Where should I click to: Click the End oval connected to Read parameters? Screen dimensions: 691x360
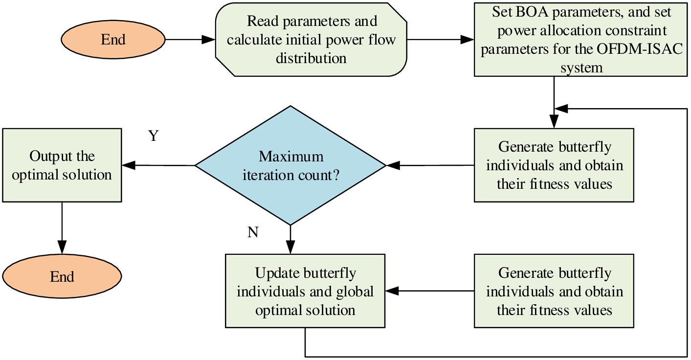[113, 40]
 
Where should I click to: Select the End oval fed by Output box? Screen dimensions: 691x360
[62, 276]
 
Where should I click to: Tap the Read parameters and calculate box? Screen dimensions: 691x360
[311, 40]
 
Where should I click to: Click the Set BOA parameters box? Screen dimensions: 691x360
[581, 40]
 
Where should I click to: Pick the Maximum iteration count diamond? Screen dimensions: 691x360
[290, 165]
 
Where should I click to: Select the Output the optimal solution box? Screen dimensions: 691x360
[62, 165]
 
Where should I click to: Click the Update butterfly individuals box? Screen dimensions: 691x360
[305, 291]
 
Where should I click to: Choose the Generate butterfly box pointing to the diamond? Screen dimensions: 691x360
[554, 165]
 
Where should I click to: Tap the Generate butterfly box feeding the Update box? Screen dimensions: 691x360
[554, 291]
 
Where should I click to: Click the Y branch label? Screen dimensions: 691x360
[154, 135]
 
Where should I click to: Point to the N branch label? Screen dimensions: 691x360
[253, 232]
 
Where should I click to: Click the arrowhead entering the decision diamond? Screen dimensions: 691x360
[393, 165]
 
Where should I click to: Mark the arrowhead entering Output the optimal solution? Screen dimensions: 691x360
[129, 165]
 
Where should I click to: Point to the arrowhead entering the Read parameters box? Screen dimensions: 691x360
[208, 40]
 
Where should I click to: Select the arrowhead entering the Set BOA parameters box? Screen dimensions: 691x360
[468, 40]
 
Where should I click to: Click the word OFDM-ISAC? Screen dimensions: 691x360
[640, 49]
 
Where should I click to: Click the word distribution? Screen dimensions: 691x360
[311, 58]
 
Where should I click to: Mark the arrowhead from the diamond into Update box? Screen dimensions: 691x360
[290, 247]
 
